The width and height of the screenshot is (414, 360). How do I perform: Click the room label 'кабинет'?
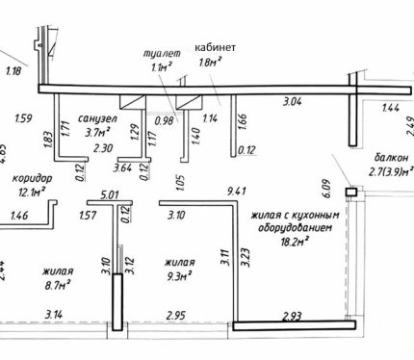point(216,47)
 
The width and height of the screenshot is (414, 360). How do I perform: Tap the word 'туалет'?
point(162,53)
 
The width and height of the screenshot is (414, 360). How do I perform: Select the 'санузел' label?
point(97,118)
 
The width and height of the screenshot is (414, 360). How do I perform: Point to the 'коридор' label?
point(32,178)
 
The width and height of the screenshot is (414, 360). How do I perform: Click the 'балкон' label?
point(392,158)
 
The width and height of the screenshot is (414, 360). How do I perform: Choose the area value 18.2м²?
point(295,242)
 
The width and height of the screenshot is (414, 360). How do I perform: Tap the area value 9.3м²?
point(178,276)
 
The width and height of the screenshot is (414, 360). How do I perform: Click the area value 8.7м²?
point(58,285)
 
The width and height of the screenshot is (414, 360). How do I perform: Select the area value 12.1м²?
point(32,193)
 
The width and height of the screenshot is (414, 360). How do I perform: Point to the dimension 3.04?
point(292,102)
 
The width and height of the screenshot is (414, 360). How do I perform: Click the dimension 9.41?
point(237,192)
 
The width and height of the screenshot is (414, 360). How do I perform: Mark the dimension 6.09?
point(326,189)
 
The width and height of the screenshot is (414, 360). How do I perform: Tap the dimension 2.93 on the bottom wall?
point(292,317)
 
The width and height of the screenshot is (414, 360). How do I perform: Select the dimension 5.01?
point(110,194)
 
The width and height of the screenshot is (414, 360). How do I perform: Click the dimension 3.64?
point(123,167)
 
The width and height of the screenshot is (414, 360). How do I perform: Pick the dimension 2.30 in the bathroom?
point(103,148)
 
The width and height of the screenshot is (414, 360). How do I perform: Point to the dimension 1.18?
point(13,70)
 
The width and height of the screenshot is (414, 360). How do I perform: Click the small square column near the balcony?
point(351,193)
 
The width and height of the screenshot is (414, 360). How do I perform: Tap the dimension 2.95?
point(176,315)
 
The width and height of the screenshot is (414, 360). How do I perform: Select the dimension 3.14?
point(54,314)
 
